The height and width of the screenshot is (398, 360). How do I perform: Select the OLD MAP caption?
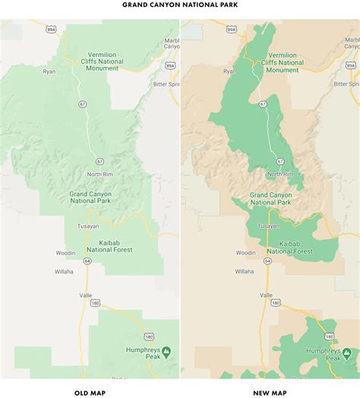pos(90,392)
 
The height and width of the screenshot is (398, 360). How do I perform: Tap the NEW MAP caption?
pos(270,392)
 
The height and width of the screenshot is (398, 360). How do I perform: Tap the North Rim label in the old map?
pos(100,174)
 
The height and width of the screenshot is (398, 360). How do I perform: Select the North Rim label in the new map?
pos(281,174)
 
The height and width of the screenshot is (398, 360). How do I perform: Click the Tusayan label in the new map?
pos(269,226)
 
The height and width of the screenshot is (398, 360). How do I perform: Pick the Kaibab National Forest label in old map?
pos(110,245)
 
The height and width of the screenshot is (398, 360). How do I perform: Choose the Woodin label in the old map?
pos(65,252)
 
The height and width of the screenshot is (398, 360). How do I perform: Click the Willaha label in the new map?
pos(245,271)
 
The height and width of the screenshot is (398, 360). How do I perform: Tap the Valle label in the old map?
pos(85,295)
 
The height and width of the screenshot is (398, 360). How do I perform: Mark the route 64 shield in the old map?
pos(87,261)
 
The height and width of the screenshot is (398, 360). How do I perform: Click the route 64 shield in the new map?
pos(267,261)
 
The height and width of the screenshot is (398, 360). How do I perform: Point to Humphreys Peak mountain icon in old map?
pos(166,351)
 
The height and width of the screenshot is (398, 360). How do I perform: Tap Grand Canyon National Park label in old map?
pos(92,198)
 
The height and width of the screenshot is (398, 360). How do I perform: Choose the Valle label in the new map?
pos(266,295)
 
